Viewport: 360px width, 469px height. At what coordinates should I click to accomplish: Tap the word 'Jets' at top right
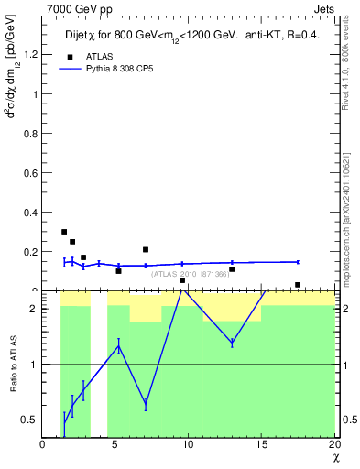click(324, 8)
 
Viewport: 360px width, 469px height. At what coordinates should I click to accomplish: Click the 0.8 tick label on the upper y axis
click(32, 133)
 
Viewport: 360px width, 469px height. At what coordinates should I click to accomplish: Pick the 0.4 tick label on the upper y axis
click(32, 212)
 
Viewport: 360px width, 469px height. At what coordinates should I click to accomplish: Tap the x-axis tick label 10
click(189, 446)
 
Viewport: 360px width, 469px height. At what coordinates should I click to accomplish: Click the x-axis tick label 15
click(262, 446)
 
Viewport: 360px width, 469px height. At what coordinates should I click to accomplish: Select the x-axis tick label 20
click(334, 446)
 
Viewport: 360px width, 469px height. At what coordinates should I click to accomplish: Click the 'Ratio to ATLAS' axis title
click(13, 364)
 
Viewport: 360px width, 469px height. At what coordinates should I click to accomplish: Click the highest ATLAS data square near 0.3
click(64, 232)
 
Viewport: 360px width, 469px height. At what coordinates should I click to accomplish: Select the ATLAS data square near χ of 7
click(146, 249)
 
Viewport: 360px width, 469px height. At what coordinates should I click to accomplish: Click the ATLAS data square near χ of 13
click(232, 269)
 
